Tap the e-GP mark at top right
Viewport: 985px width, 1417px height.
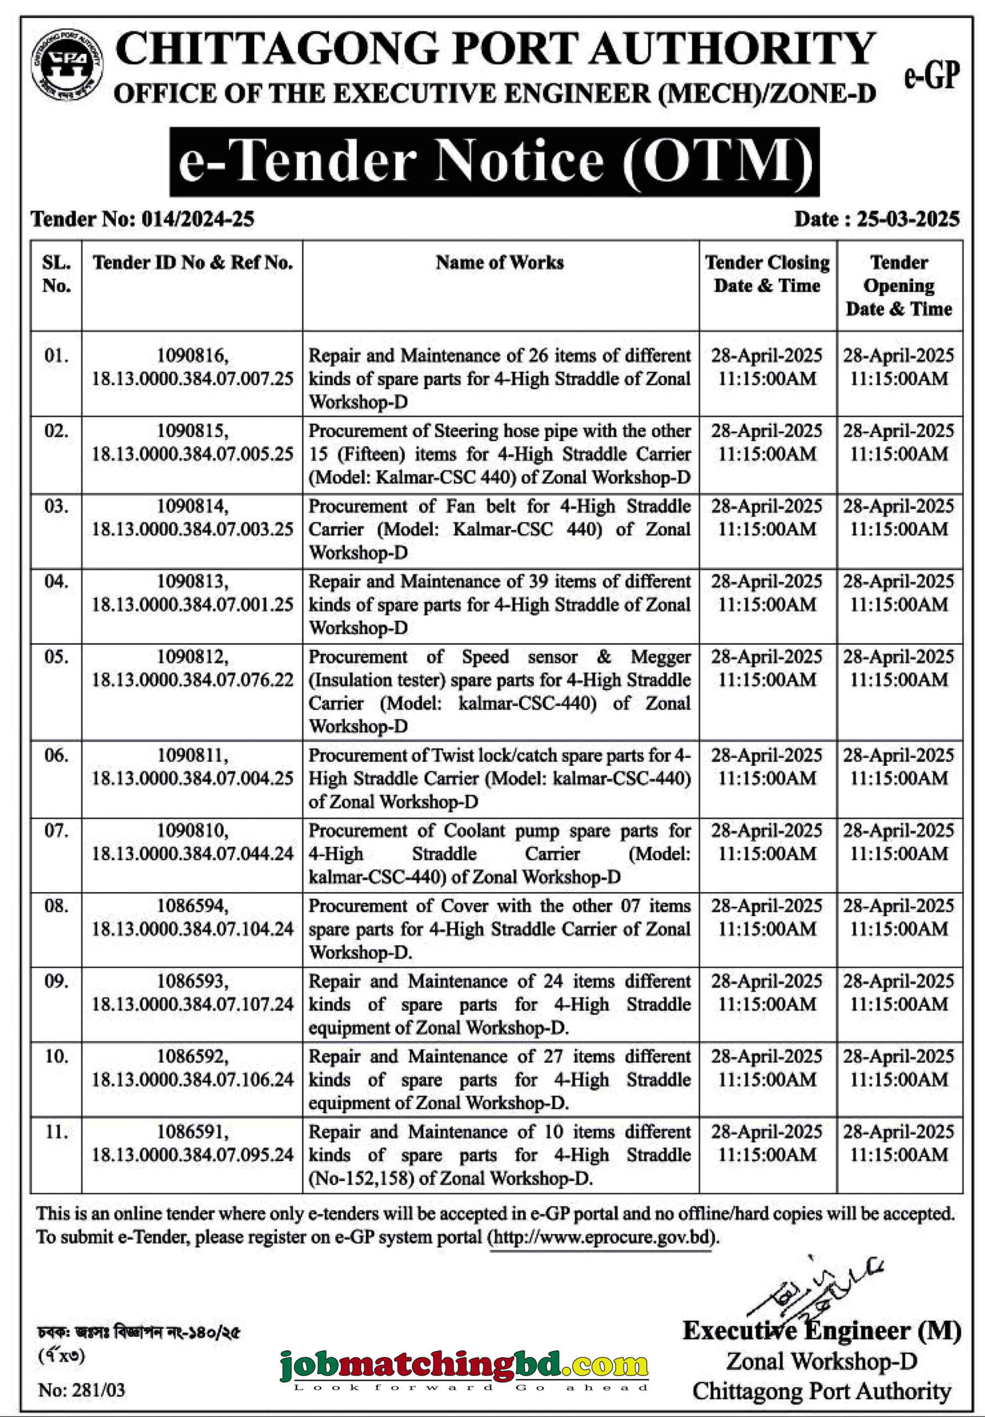(x=932, y=76)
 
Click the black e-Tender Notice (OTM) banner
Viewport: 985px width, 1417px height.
(x=494, y=162)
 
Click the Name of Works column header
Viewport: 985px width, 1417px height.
(x=499, y=262)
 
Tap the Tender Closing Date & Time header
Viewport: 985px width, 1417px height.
(x=767, y=274)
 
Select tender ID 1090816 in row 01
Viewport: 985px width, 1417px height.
(x=192, y=355)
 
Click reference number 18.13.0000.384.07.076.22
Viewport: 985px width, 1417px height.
(x=192, y=680)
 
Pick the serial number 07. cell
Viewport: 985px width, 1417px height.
(x=56, y=831)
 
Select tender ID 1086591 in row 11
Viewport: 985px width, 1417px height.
(x=192, y=1132)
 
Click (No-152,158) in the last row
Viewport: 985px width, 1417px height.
(x=360, y=1178)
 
